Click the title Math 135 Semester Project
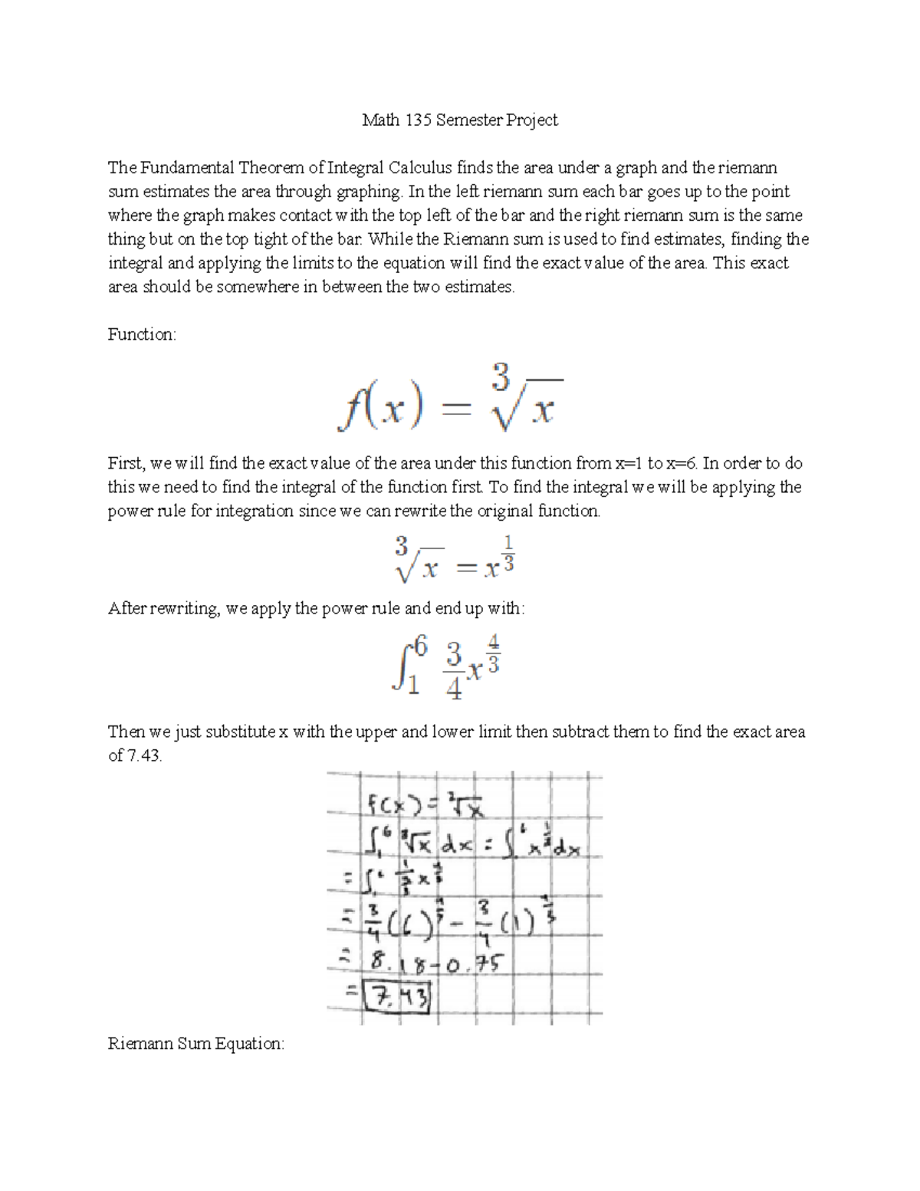tap(459, 120)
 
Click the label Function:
tap(142, 334)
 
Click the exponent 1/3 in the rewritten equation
tap(510, 553)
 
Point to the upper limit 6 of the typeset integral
tap(419, 648)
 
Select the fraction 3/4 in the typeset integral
tap(454, 671)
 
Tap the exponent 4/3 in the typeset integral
tap(493, 653)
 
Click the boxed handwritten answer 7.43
tap(399, 998)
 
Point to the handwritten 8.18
tap(399, 961)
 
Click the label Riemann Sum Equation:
tap(196, 1044)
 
